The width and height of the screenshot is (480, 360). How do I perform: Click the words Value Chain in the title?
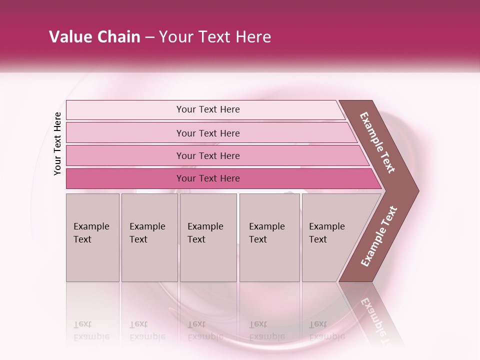pyautogui.click(x=94, y=37)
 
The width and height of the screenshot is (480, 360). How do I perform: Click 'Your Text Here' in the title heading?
pyautogui.click(x=215, y=37)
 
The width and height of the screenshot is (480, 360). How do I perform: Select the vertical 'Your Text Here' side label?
pyautogui.click(x=57, y=143)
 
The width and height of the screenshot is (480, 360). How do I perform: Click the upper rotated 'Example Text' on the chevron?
pyautogui.click(x=378, y=142)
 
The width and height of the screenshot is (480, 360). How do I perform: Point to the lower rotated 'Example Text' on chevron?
pyautogui.click(x=379, y=236)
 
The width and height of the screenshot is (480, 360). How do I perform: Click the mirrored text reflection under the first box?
pyautogui.click(x=91, y=331)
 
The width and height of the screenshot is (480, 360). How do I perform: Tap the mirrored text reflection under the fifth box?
pyautogui.click(x=326, y=331)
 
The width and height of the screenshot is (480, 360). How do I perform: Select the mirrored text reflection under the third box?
pyautogui.click(x=205, y=331)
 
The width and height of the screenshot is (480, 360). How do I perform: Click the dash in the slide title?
pyautogui.click(x=149, y=37)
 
